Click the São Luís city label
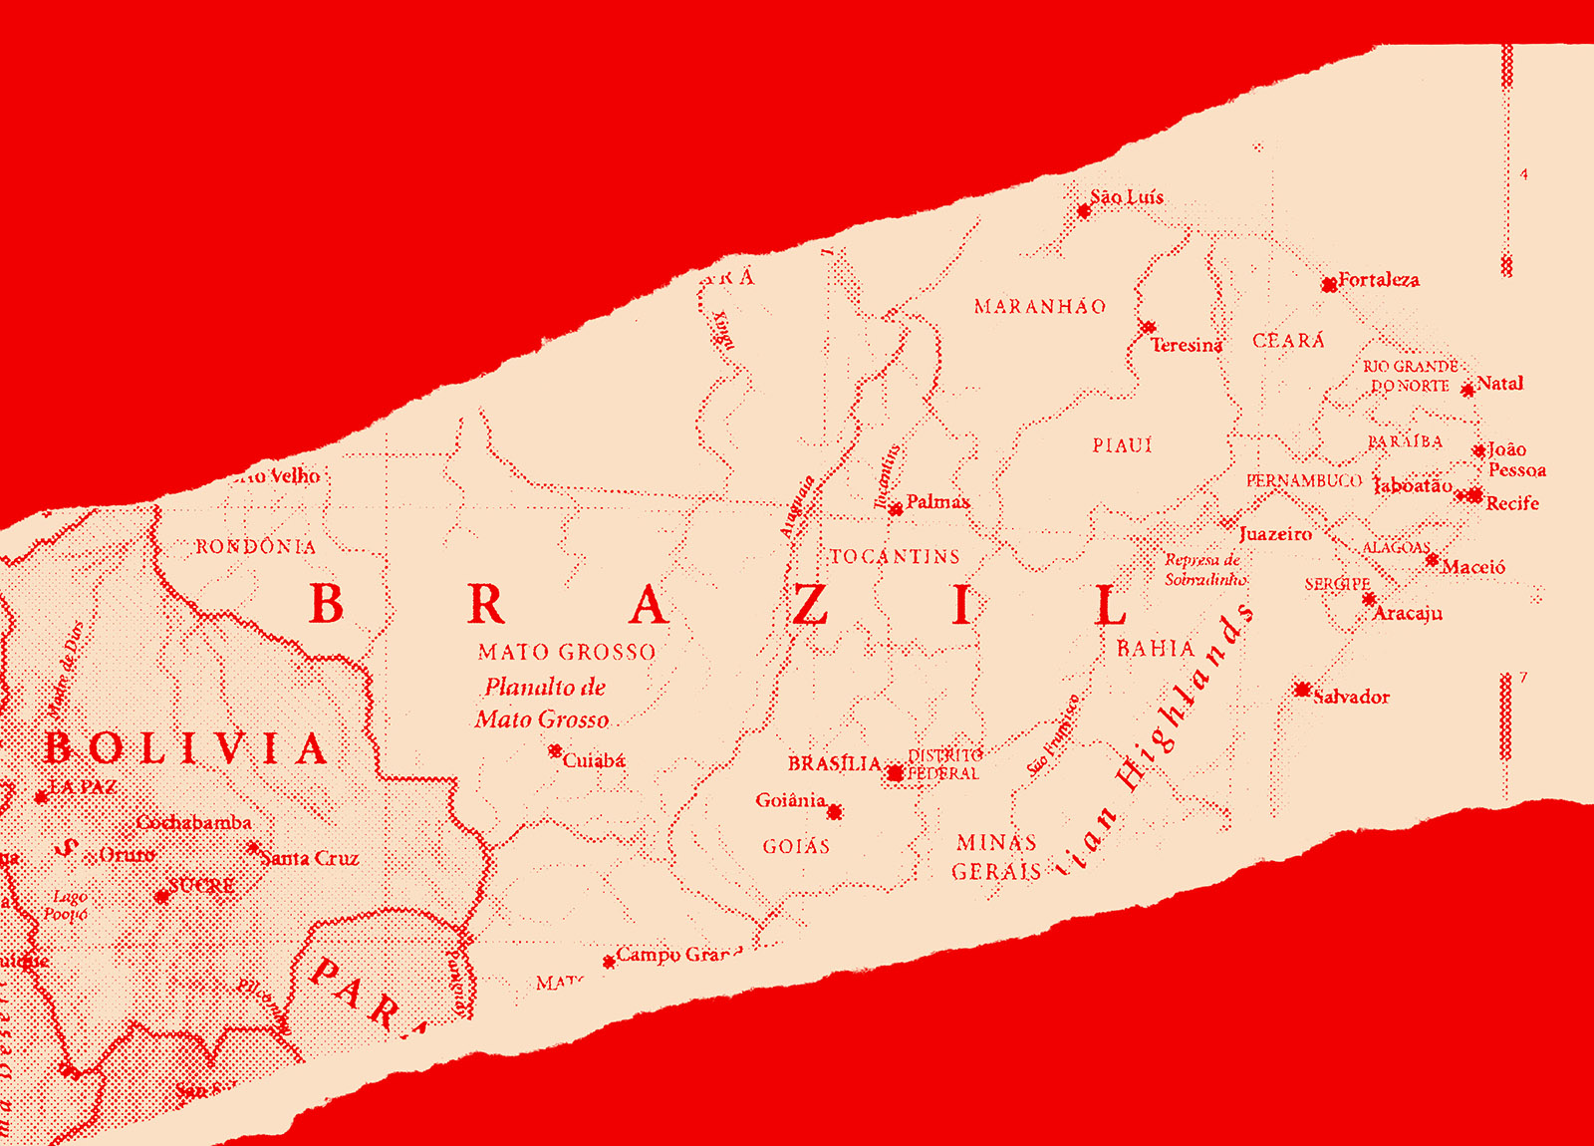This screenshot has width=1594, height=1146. pos(1127,197)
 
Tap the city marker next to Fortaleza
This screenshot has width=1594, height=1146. pos(1329,285)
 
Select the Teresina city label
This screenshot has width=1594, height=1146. pos(1186,345)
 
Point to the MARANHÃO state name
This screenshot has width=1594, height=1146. pos(1040,307)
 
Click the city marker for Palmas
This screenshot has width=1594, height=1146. pos(896,509)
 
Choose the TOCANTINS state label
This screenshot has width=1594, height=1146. pos(895,557)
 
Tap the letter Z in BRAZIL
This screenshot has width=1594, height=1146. pos(810,605)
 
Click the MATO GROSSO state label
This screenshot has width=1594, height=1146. pos(567,653)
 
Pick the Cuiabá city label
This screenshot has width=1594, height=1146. pos(594,760)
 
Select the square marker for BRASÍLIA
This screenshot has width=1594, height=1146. pos(895,772)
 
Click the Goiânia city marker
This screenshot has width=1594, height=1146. pos(835,812)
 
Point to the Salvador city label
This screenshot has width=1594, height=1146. pos(1351,697)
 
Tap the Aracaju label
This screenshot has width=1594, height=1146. pos(1407,613)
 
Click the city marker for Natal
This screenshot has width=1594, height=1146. pos(1467,390)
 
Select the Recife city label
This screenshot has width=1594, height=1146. pos(1511,503)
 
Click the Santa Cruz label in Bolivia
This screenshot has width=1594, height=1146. pos(310,858)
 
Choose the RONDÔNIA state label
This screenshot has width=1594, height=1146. pos(255,547)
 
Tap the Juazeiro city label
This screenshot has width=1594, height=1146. pos(1275,534)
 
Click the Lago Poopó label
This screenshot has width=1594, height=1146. pos(67,905)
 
